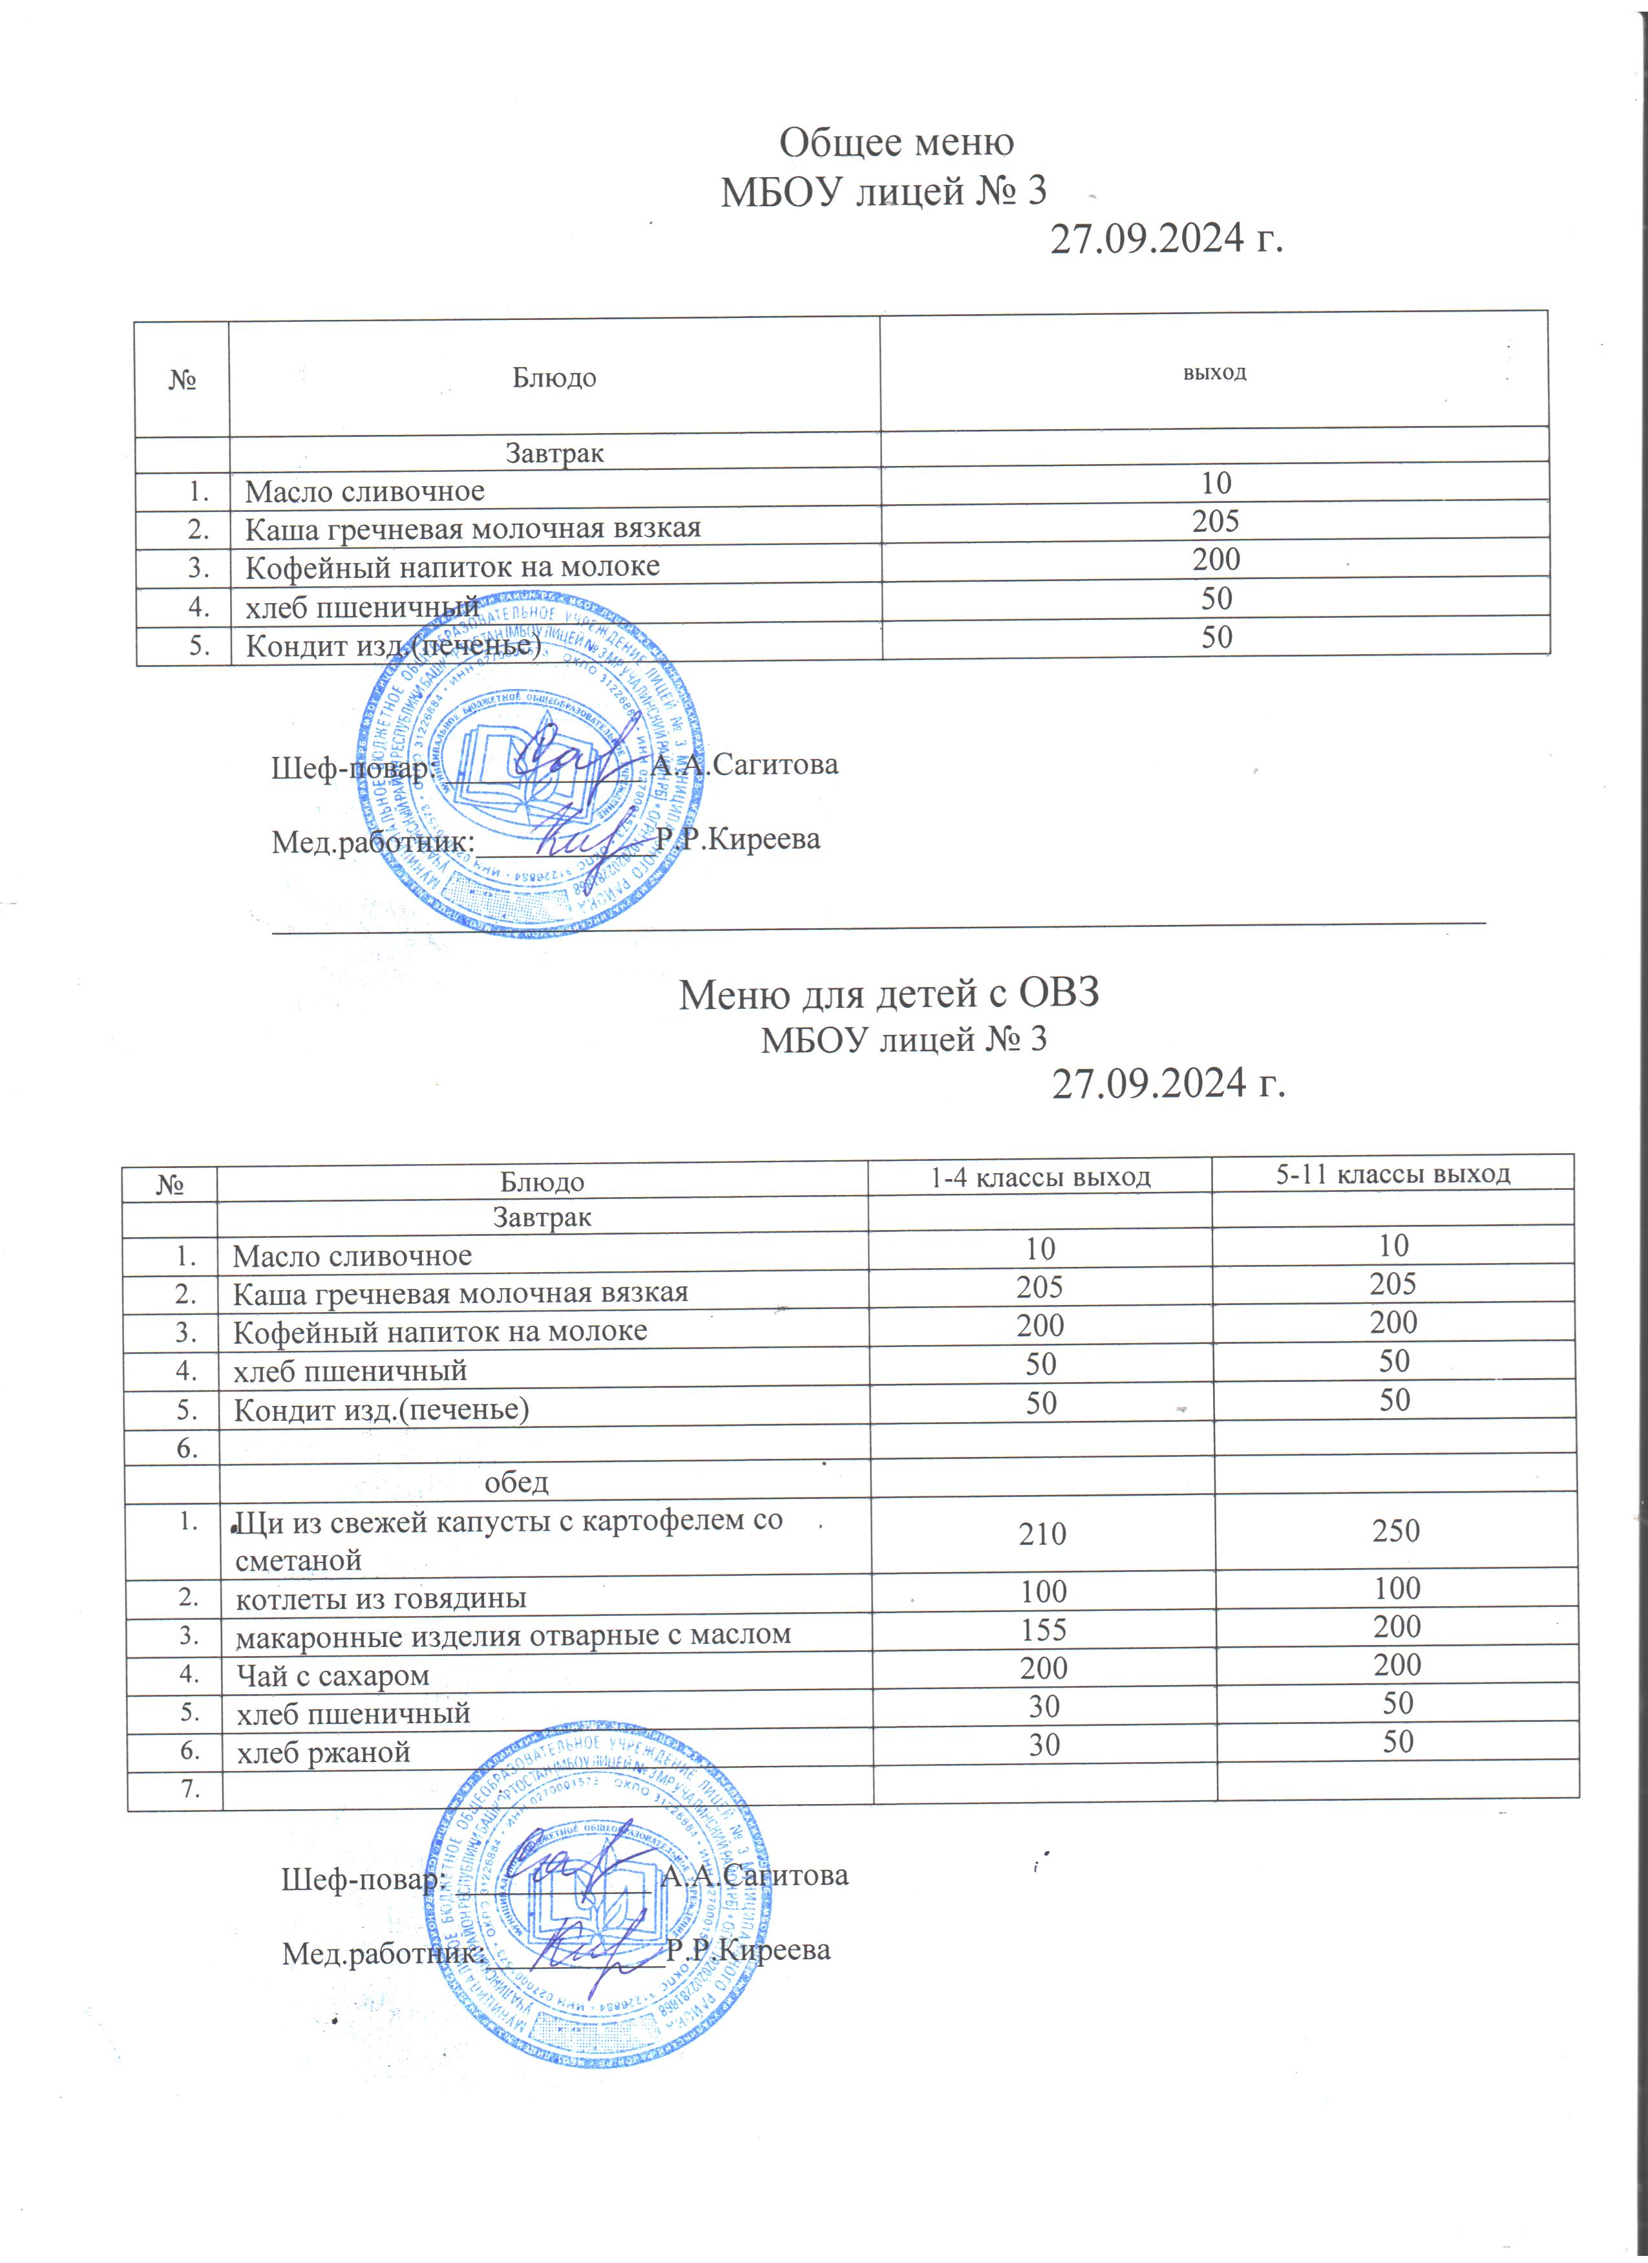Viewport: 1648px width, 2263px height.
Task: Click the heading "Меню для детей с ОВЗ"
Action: pyautogui.click(x=889, y=993)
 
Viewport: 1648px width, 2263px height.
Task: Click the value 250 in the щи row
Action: pyautogui.click(x=1395, y=1531)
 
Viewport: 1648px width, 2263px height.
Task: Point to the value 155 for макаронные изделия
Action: pyautogui.click(x=1044, y=1630)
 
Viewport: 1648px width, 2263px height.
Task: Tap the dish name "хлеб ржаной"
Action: pyautogui.click(x=323, y=1753)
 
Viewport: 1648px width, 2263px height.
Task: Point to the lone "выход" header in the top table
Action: pyautogui.click(x=1214, y=373)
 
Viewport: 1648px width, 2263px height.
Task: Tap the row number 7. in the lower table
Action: pyautogui.click(x=187, y=1790)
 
